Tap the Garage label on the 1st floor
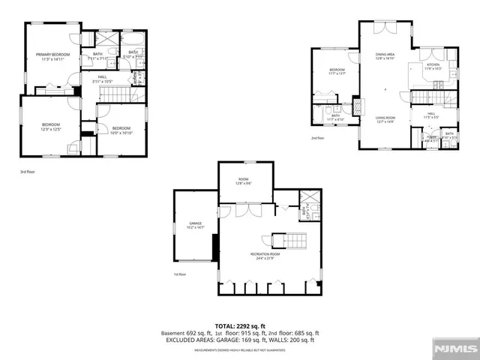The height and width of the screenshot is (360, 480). pyautogui.click(x=196, y=224)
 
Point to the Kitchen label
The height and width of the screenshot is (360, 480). pyautogui.click(x=433, y=67)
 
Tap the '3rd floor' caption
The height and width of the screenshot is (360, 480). pyautogui.click(x=27, y=172)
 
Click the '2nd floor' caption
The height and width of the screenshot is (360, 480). pyautogui.click(x=318, y=138)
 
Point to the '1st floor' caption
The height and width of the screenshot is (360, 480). pyautogui.click(x=180, y=274)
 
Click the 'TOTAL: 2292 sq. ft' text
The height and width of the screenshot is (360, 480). pyautogui.click(x=240, y=326)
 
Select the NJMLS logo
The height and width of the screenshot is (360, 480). pyautogui.click(x=458, y=349)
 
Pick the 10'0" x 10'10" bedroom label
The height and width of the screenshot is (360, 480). pyautogui.click(x=121, y=130)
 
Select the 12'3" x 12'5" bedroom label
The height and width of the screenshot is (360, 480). pyautogui.click(x=50, y=127)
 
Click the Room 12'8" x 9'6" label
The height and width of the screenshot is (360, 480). pyautogui.click(x=244, y=181)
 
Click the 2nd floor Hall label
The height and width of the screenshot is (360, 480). pyautogui.click(x=430, y=115)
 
